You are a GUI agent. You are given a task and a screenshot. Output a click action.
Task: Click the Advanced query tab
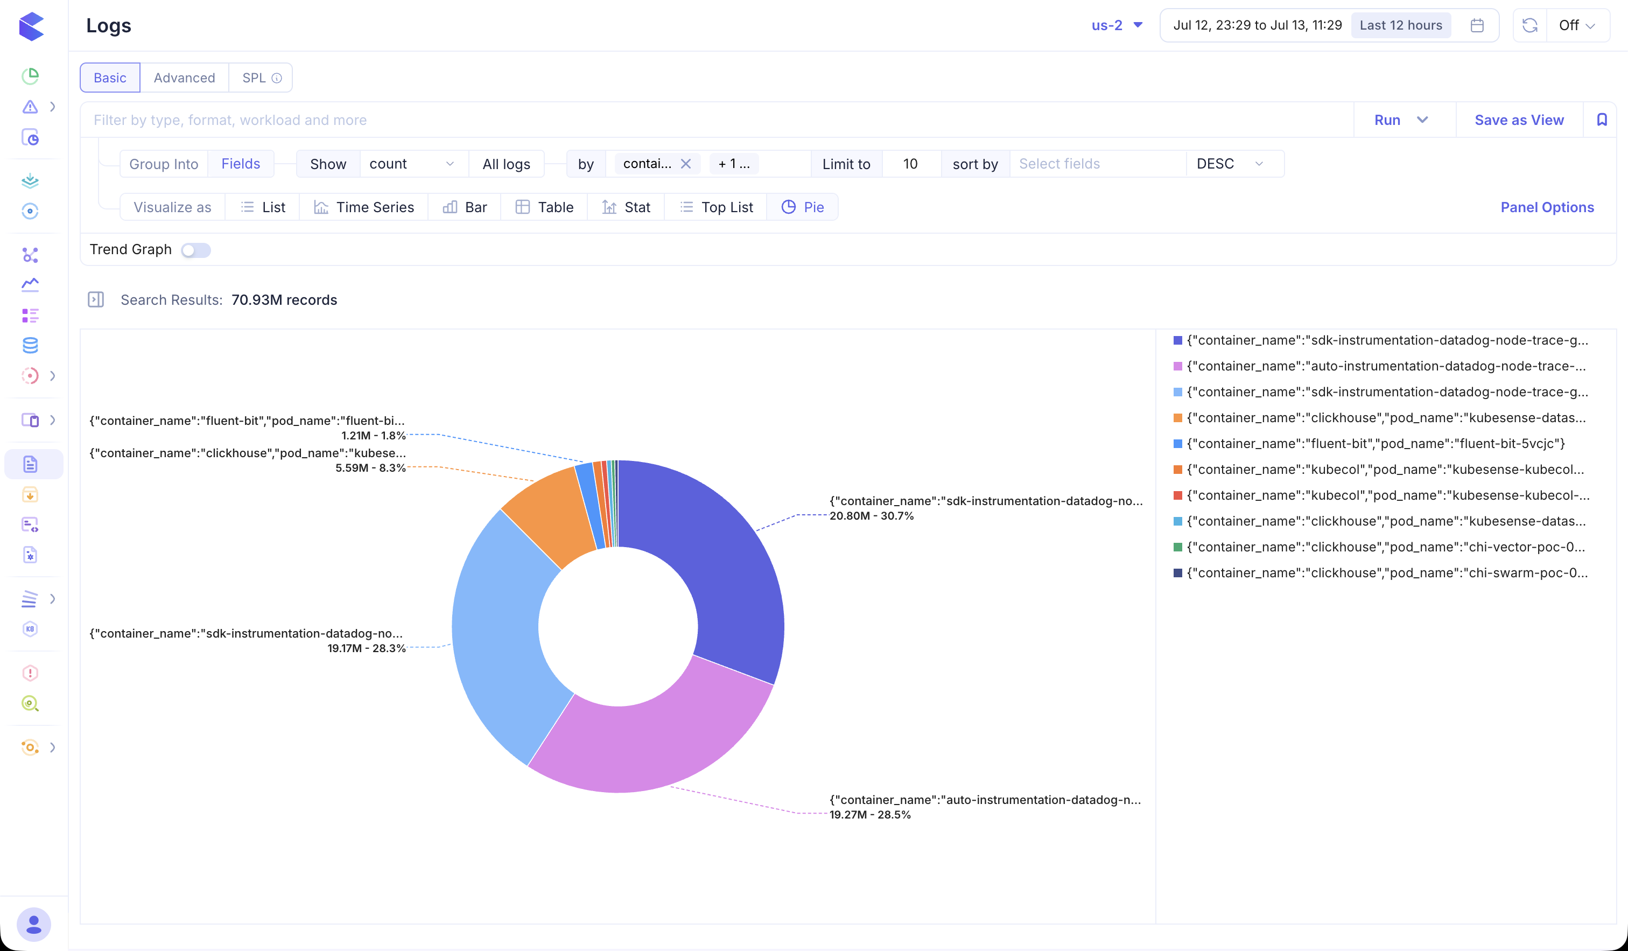(184, 78)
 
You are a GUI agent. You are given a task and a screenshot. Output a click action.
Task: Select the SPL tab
(261, 78)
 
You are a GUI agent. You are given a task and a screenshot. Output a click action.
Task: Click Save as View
(1519, 120)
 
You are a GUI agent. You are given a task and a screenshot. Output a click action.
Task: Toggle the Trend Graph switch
(196, 250)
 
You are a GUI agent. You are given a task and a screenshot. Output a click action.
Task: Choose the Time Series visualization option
(364, 207)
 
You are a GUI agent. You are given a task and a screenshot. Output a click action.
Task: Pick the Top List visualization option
(716, 207)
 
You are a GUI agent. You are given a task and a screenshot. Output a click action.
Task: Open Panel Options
(1547, 207)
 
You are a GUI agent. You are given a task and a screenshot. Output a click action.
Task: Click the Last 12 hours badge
(1401, 25)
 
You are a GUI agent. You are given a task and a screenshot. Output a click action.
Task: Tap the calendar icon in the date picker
(1477, 25)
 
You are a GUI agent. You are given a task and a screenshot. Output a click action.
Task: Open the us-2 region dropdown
(1117, 25)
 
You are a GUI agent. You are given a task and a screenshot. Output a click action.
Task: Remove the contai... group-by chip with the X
(685, 164)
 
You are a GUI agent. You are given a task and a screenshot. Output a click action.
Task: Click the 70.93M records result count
(284, 300)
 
